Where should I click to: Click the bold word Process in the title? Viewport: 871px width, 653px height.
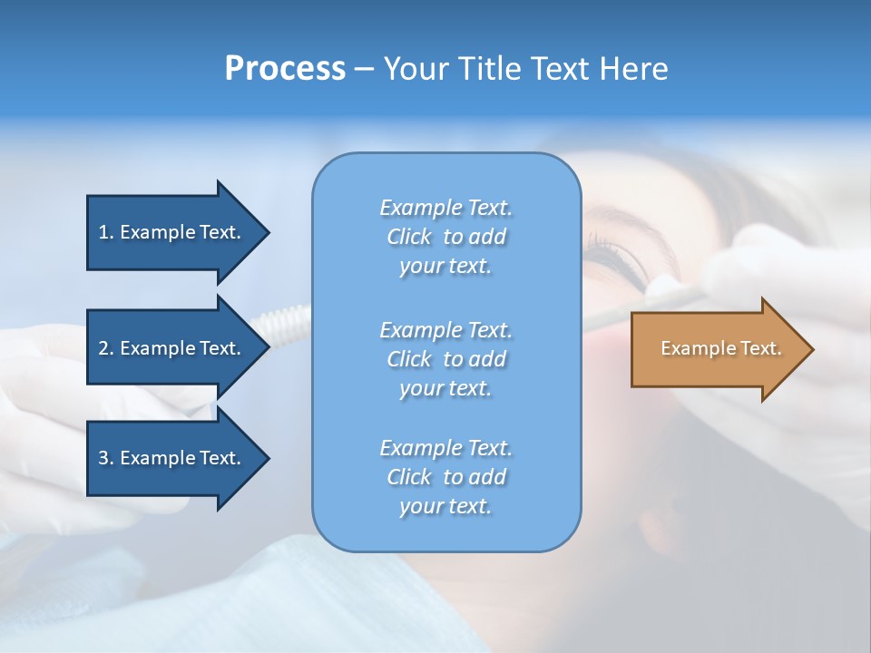click(285, 69)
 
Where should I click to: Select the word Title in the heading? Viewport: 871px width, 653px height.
click(487, 69)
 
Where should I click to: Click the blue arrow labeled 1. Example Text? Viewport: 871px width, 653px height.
click(172, 232)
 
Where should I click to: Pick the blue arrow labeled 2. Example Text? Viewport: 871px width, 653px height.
click(172, 348)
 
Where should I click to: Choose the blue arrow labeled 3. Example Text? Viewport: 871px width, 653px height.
click(172, 458)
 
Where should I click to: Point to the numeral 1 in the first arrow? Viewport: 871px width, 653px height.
click(103, 232)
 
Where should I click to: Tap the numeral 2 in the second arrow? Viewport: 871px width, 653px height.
click(103, 348)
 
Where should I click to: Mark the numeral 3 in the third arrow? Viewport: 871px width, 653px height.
click(103, 458)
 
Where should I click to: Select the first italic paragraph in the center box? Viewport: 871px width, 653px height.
click(445, 237)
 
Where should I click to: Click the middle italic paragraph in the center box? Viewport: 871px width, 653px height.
click(445, 359)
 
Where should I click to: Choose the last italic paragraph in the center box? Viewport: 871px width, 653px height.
click(445, 477)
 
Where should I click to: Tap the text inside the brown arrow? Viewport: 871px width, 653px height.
click(720, 348)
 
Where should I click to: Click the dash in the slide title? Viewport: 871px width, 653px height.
click(364, 69)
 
